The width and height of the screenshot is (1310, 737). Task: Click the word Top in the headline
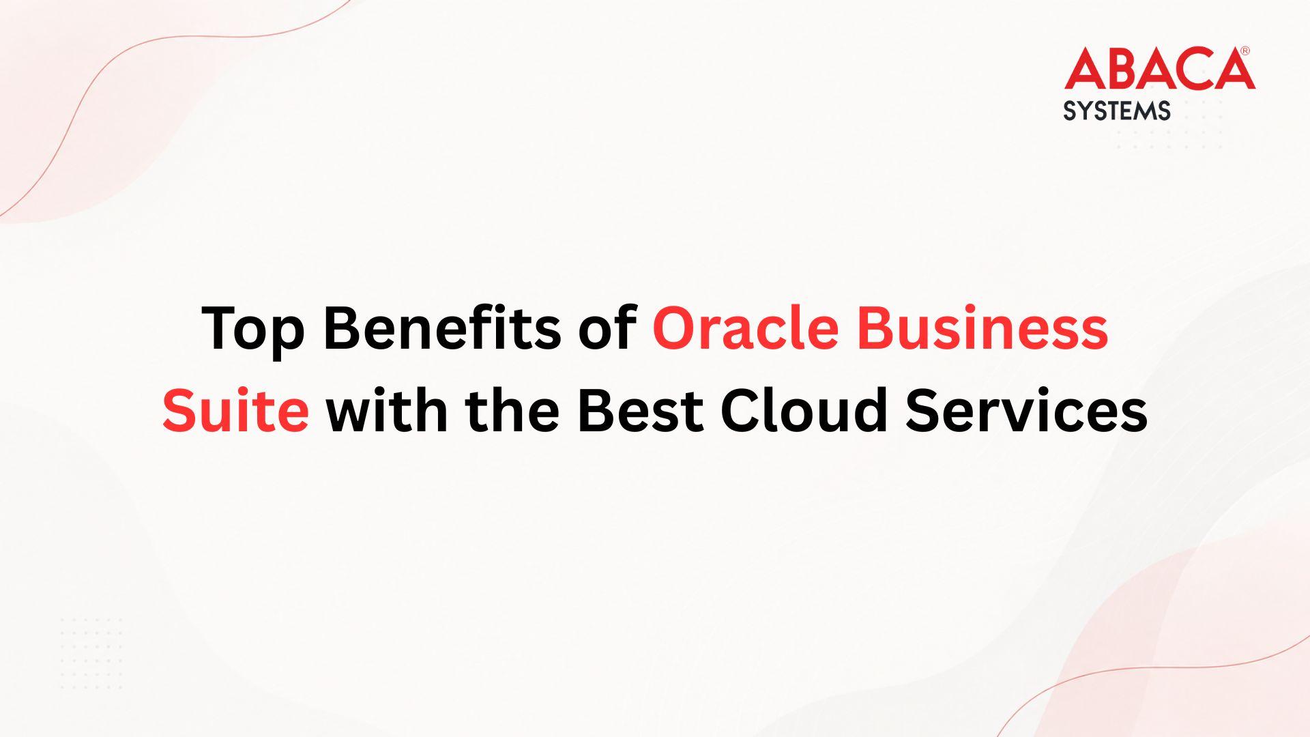(x=253, y=329)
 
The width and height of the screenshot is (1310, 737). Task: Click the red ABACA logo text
(x=1159, y=69)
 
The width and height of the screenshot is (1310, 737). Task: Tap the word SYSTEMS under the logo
(x=1117, y=111)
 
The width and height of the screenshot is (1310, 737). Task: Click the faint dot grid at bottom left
(x=91, y=653)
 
